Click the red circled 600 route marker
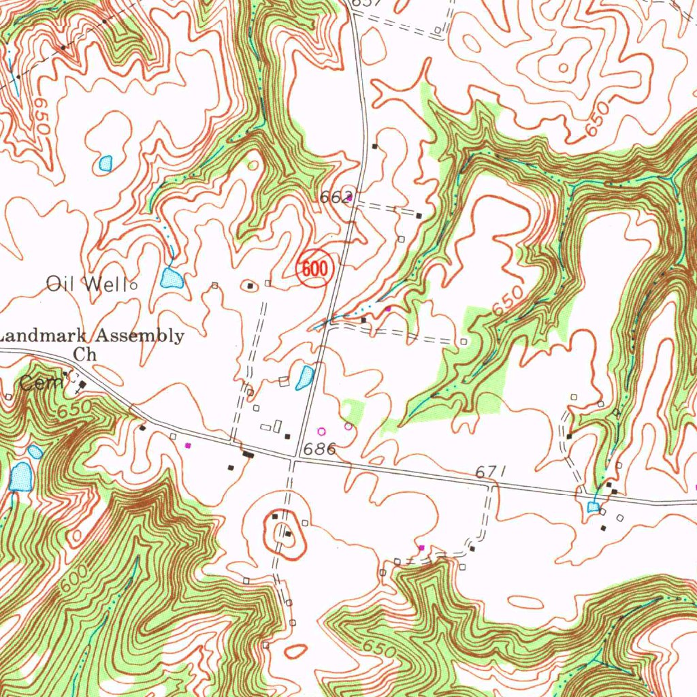pyautogui.click(x=314, y=268)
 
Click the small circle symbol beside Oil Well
pyautogui.click(x=133, y=286)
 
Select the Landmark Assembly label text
pyautogui.click(x=93, y=336)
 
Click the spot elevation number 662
pyautogui.click(x=334, y=197)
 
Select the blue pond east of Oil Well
pyautogui.click(x=171, y=278)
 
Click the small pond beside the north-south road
pyautogui.click(x=304, y=374)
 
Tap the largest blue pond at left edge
pyautogui.click(x=21, y=476)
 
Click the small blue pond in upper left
pyautogui.click(x=105, y=163)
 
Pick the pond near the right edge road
pyautogui.click(x=594, y=507)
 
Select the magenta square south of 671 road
pyautogui.click(x=421, y=547)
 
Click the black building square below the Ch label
pyautogui.click(x=82, y=385)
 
